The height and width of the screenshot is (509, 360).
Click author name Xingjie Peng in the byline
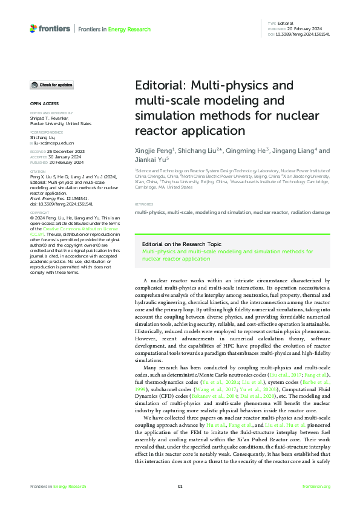pyautogui.click(x=154, y=151)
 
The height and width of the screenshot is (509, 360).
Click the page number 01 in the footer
pyautogui.click(x=180, y=487)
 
